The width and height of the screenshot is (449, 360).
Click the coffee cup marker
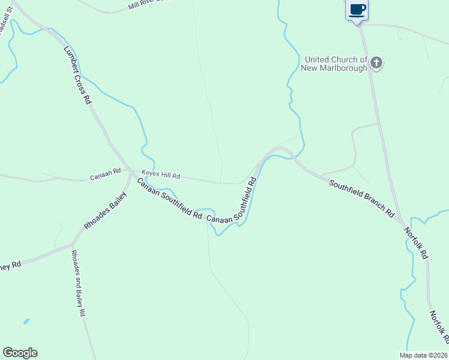coord(357,10)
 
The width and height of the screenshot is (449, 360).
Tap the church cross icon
coord(376,63)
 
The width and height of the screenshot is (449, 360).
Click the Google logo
coord(20,353)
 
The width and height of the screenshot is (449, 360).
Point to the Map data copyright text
coord(423,355)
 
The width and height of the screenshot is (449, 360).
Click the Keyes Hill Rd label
coord(160,176)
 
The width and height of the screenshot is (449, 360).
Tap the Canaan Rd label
coord(106,178)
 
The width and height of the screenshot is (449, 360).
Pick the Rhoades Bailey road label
coord(106,211)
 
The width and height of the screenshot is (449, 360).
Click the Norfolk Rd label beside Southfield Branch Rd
coord(415,242)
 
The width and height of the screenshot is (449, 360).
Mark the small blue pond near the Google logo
coord(26,322)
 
